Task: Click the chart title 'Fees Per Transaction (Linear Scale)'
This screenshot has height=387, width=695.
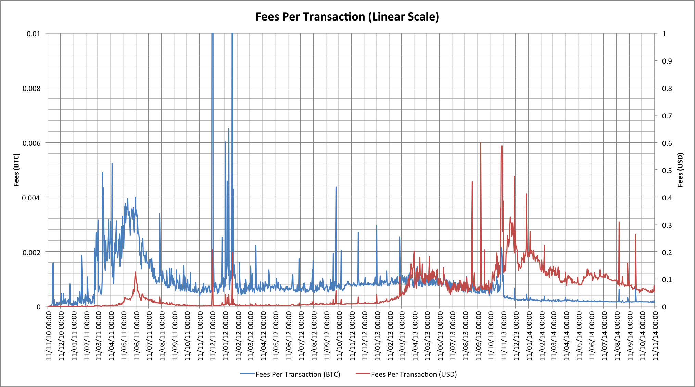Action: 347,17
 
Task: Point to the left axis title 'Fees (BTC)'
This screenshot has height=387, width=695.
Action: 16,170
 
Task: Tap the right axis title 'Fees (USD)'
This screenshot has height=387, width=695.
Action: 680,170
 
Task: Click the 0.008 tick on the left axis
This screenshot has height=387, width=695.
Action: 31,89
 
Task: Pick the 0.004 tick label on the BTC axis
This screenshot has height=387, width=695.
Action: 31,198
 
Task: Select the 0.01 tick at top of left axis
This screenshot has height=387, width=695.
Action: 33,34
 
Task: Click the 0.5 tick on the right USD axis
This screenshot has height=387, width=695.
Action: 667,171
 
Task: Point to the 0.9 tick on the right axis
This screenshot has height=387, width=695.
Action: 667,61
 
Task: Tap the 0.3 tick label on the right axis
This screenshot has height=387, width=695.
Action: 667,225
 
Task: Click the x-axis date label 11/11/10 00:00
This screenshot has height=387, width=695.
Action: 49,335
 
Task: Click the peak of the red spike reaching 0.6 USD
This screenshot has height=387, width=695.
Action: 481,143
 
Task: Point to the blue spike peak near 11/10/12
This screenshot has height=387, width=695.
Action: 336,187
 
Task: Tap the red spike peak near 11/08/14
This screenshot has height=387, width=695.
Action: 619,222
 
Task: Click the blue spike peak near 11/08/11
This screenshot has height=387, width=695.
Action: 160,214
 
